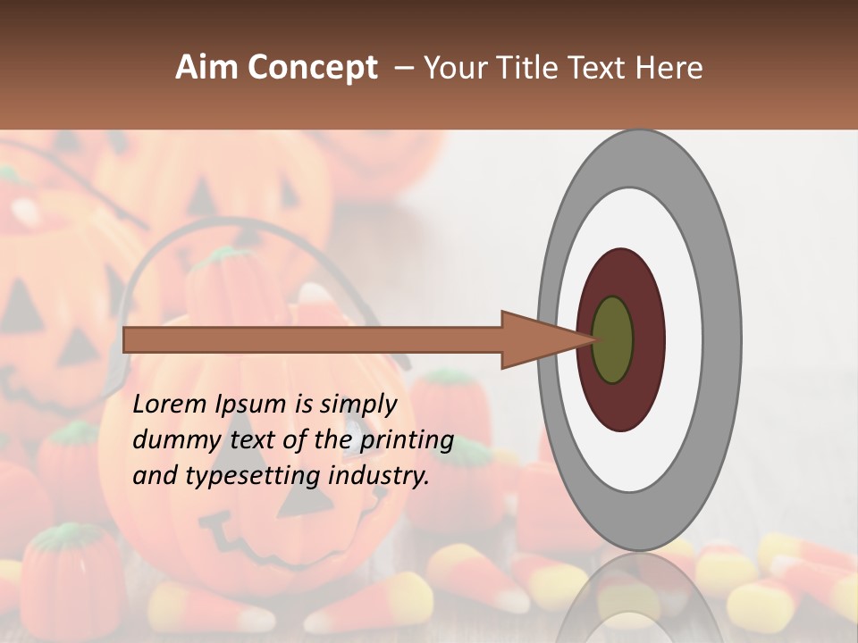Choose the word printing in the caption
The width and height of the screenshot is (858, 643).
pyautogui.click(x=407, y=440)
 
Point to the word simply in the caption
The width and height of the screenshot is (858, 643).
pyautogui.click(x=357, y=405)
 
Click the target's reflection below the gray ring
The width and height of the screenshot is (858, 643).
pyautogui.click(x=639, y=594)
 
